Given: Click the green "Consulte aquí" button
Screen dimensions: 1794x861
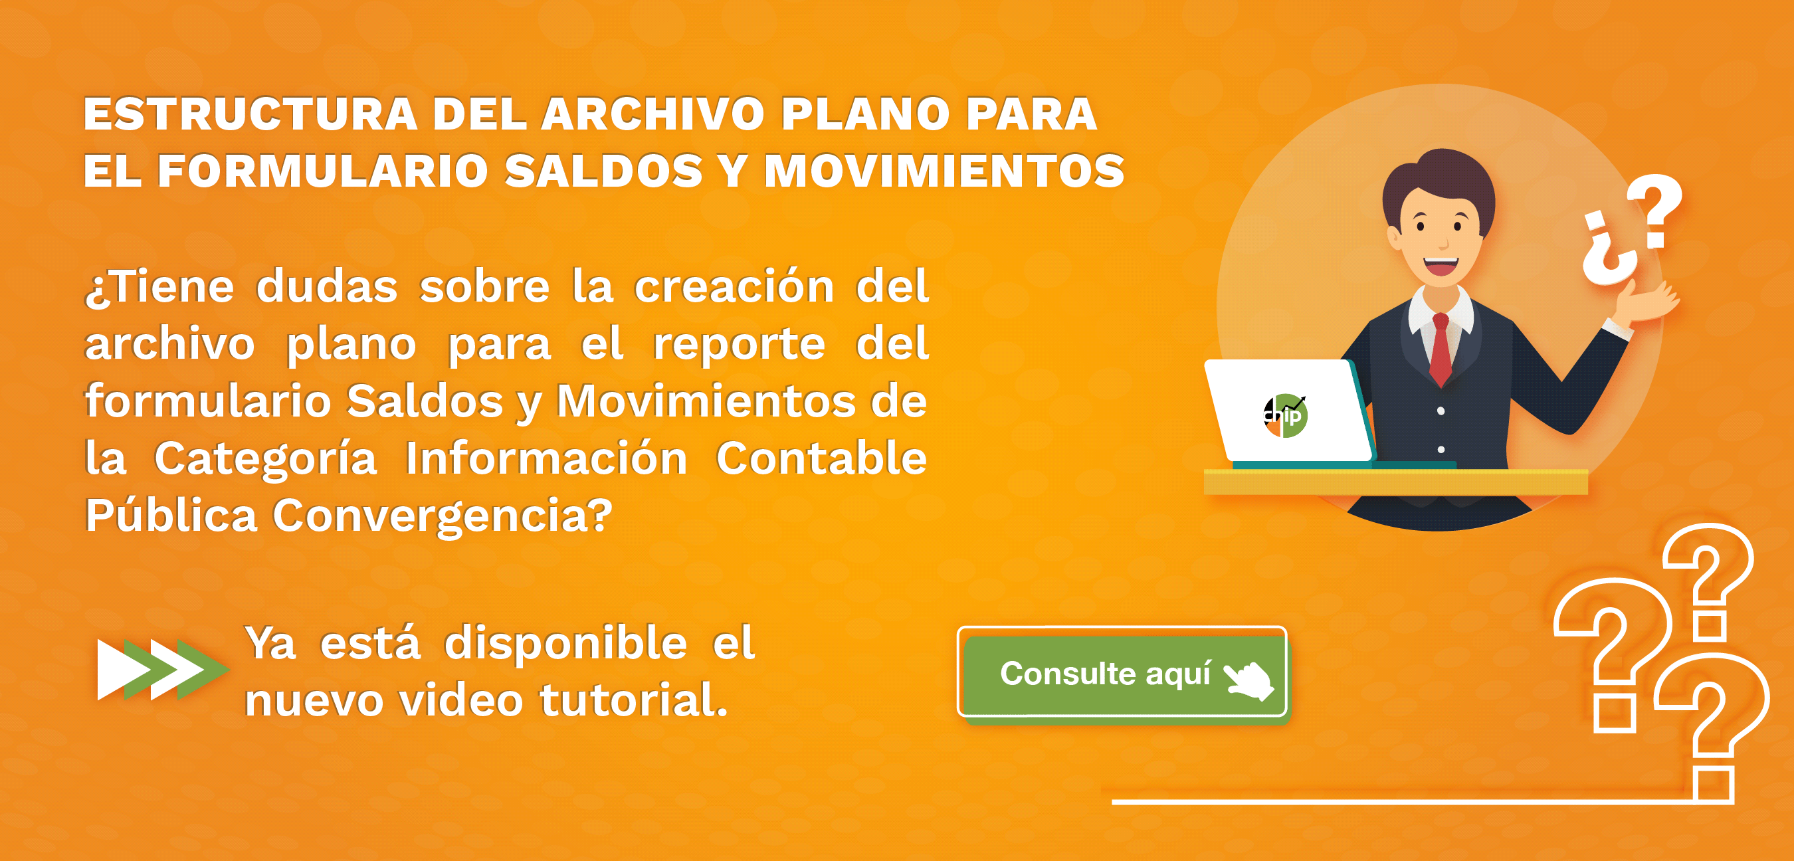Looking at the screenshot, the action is (1122, 672).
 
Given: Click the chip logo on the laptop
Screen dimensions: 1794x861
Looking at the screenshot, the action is (1285, 416).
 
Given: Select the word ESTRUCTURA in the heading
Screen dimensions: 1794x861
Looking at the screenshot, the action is (250, 114).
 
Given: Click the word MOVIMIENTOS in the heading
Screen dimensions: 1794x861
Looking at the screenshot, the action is (944, 171).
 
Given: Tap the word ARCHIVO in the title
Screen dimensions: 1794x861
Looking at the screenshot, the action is (652, 114).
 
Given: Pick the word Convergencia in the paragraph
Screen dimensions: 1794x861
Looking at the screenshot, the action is (443, 516).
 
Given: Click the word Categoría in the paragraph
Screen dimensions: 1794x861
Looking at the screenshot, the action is (265, 459).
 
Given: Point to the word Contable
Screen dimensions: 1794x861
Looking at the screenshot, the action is (821, 458).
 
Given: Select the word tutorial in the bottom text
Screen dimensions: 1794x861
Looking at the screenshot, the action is (633, 700).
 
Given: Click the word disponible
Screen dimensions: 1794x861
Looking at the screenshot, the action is (566, 643).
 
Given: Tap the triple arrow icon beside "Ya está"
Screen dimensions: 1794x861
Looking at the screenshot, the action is (163, 670).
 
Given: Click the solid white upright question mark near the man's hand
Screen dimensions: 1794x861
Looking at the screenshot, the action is (1656, 211).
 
